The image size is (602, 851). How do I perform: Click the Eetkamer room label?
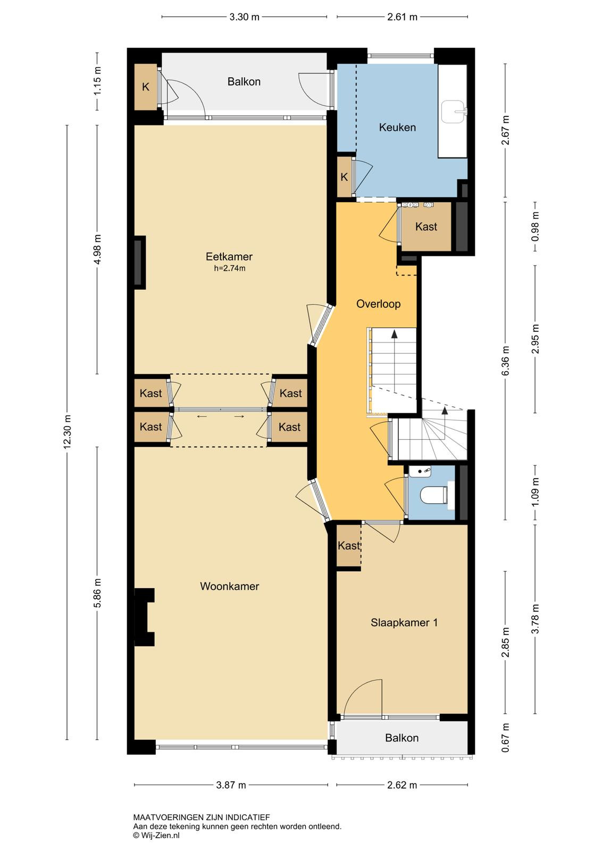(229, 256)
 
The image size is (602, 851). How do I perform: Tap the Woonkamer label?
(229, 586)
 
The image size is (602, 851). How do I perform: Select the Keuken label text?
(397, 127)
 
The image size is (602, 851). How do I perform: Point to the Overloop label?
(378, 304)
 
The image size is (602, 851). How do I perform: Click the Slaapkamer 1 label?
(404, 623)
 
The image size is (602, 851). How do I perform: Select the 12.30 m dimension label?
(67, 432)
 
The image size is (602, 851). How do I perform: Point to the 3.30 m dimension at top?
(244, 17)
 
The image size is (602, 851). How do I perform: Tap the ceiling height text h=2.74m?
(229, 268)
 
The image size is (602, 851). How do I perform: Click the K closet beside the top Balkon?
(146, 87)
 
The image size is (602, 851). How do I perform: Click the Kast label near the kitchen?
(426, 227)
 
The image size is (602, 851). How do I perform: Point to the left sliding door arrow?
(202, 417)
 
